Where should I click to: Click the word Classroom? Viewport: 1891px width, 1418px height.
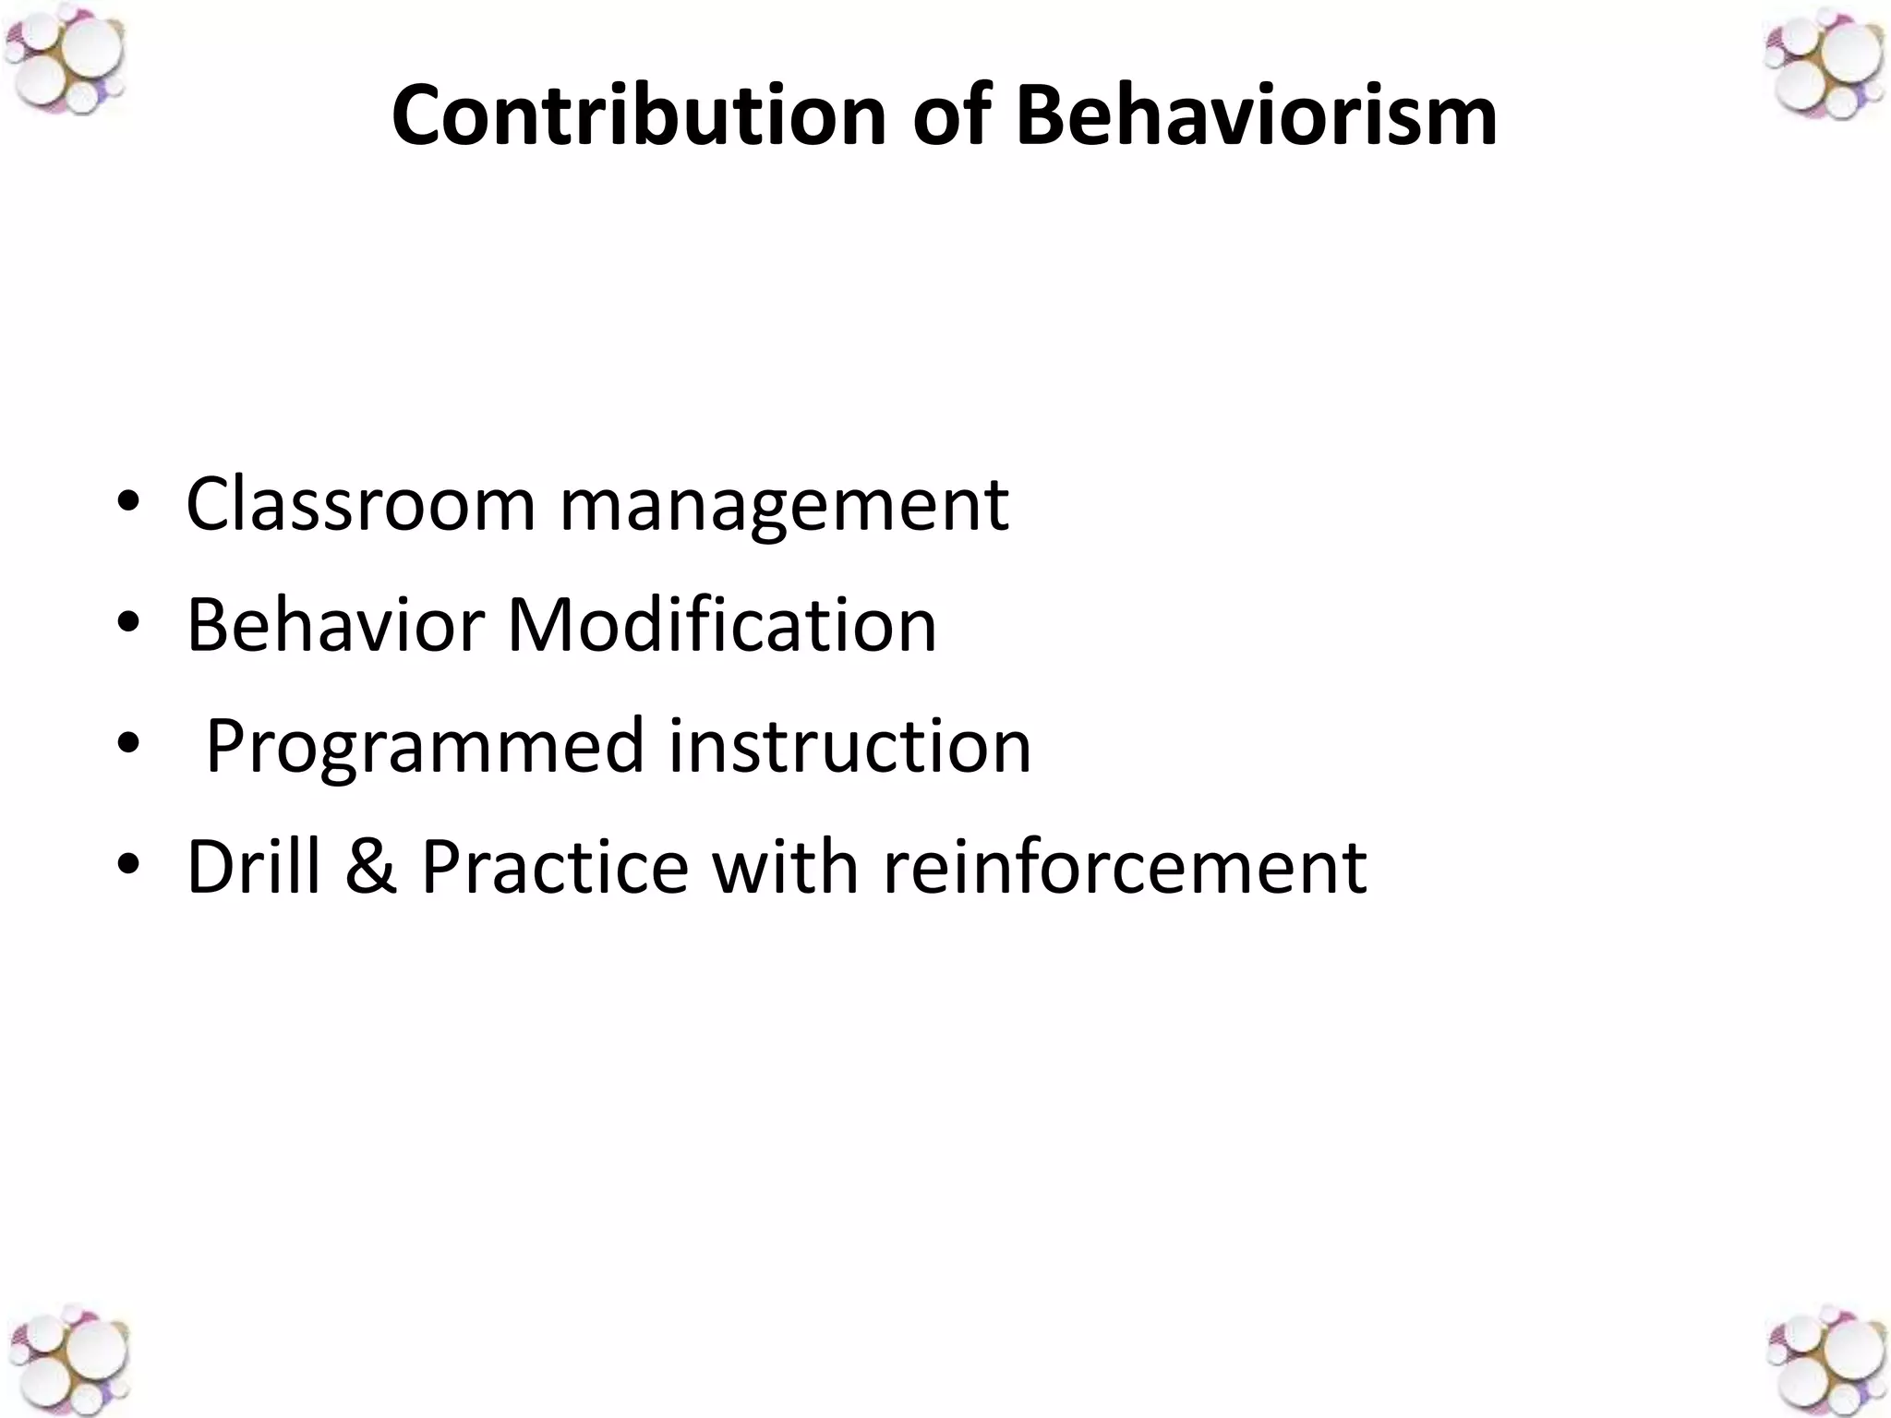[x=360, y=505]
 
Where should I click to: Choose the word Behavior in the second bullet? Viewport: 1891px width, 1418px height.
[x=335, y=625]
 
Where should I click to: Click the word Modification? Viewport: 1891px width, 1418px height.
[x=722, y=625]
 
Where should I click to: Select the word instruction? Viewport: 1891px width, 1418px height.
[x=849, y=746]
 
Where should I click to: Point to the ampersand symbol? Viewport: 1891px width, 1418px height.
[x=371, y=868]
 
